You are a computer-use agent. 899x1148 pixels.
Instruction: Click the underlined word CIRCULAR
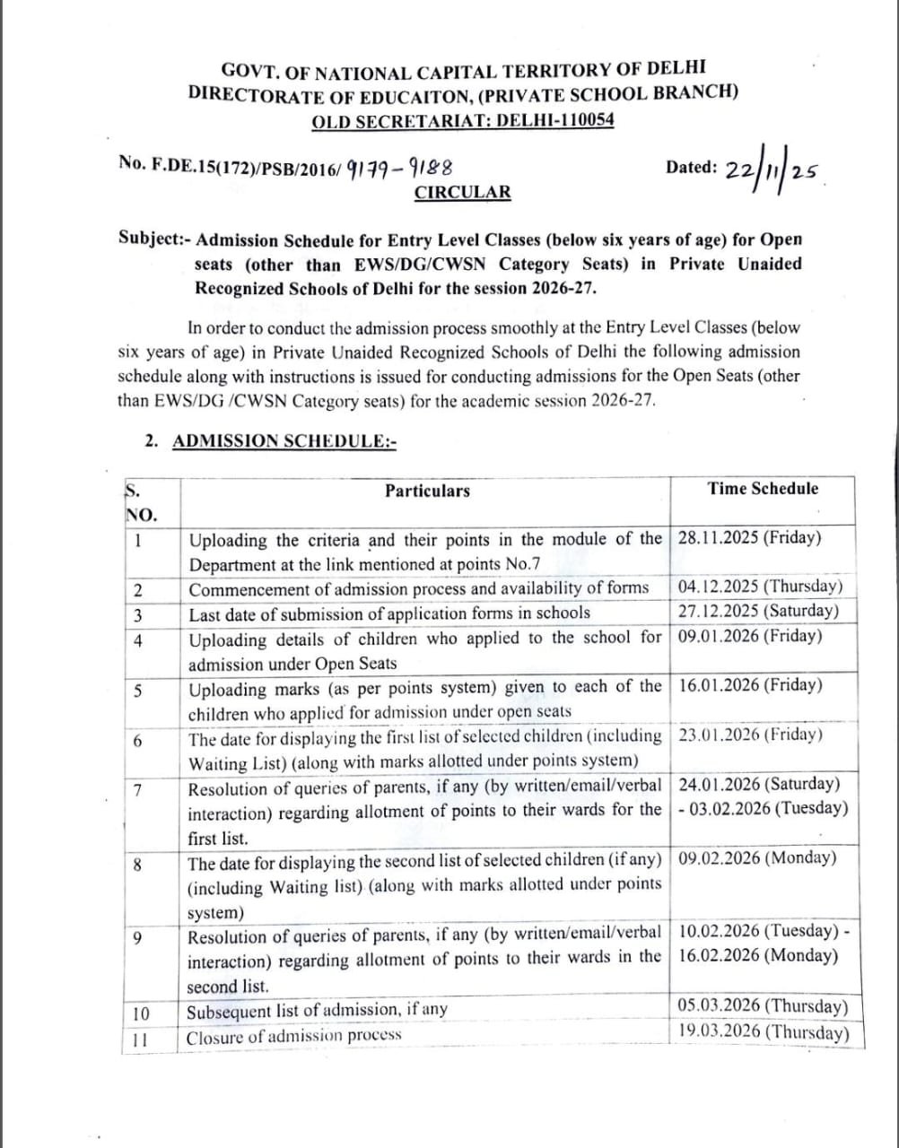coord(462,192)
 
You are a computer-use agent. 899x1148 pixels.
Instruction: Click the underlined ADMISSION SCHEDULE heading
coord(284,440)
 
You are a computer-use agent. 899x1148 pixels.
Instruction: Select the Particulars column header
coord(427,491)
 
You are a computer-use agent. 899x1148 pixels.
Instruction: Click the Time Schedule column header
coord(763,489)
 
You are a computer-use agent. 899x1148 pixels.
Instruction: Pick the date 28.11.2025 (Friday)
coord(750,538)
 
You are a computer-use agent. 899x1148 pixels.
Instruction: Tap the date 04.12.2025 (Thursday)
coord(761,587)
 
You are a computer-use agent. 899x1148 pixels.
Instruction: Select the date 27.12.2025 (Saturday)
coord(759,612)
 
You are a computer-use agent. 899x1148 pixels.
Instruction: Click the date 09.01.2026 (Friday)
coord(750,637)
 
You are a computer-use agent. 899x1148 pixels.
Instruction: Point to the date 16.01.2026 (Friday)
coord(750,686)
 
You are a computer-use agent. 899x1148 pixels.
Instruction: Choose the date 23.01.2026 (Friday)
coord(750,735)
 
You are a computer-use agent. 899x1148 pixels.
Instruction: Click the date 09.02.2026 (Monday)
coord(757,858)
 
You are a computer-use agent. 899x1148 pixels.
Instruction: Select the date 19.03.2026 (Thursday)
coord(763,1031)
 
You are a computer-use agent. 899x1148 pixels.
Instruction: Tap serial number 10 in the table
coord(141,1014)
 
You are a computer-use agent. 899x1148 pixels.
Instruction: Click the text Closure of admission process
coord(294,1037)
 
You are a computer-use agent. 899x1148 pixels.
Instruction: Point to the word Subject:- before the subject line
coord(153,240)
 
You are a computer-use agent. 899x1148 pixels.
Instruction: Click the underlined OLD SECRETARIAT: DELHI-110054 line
coord(463,121)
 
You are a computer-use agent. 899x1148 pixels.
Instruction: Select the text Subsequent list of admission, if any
coord(317,1011)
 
